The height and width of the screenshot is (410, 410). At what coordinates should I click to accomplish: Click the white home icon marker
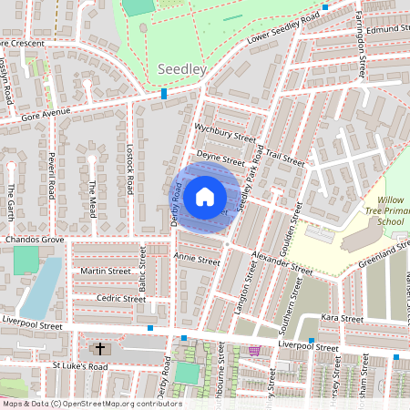pos(205,197)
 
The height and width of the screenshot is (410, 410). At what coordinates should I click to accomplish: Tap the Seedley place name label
pos(181,70)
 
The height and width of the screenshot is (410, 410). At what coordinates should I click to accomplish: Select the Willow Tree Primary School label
pos(389,210)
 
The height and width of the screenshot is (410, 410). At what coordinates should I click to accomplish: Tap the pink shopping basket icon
pos(254,350)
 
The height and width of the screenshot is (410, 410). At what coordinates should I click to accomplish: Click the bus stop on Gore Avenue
pos(164,94)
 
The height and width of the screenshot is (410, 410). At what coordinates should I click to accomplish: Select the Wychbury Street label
pos(226,133)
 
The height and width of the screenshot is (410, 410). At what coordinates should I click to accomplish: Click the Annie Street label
pos(197,259)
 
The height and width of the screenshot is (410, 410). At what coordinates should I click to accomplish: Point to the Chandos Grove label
pos(35,240)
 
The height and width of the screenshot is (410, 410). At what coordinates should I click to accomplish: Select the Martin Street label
pos(106,271)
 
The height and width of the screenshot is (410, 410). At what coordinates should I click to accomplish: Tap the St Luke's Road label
pos(79,366)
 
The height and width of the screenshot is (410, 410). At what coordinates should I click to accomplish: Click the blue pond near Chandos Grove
pos(40,287)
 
